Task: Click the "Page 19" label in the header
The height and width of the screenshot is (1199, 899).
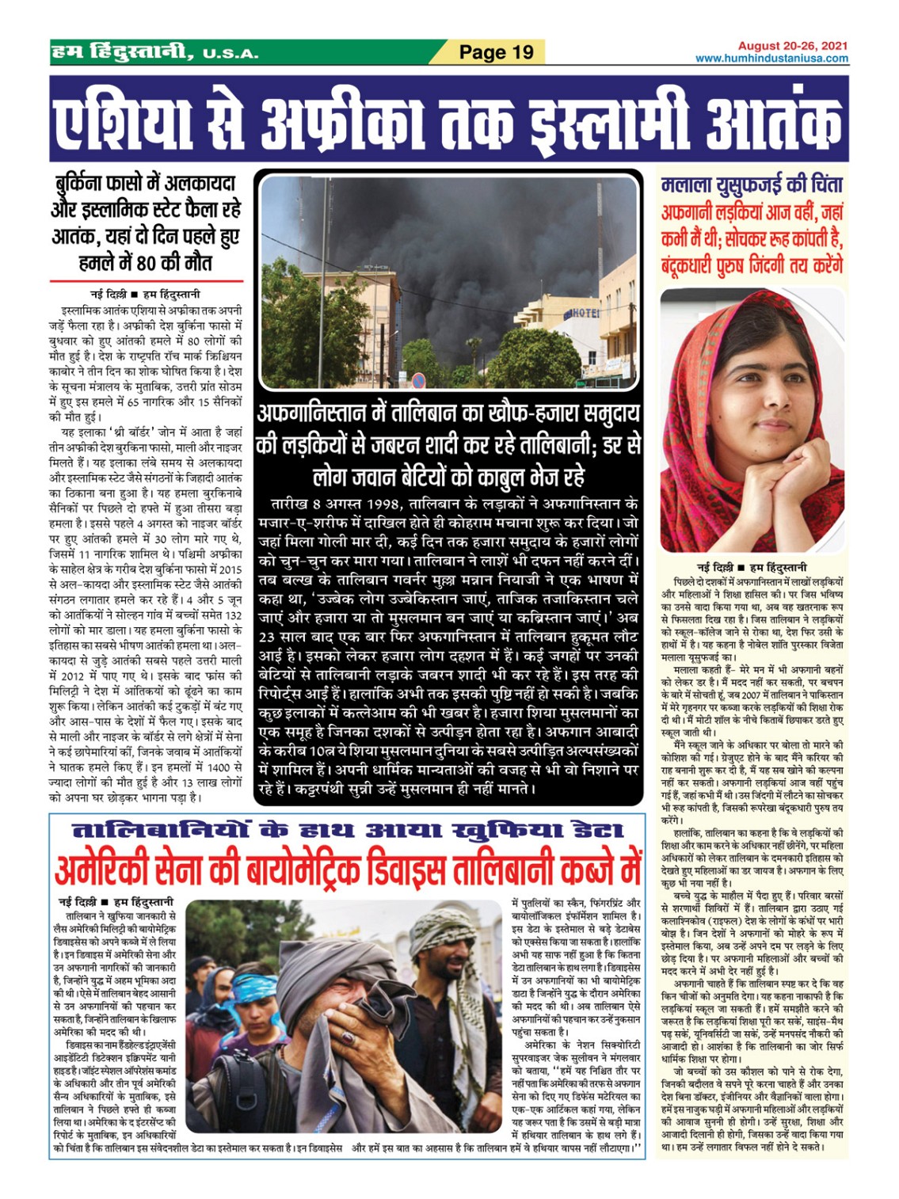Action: [497, 52]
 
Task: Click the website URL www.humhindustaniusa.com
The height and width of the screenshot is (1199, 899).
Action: [771, 59]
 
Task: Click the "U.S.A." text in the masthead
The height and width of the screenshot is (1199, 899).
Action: [230, 54]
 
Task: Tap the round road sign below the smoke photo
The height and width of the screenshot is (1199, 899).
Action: [419, 381]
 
